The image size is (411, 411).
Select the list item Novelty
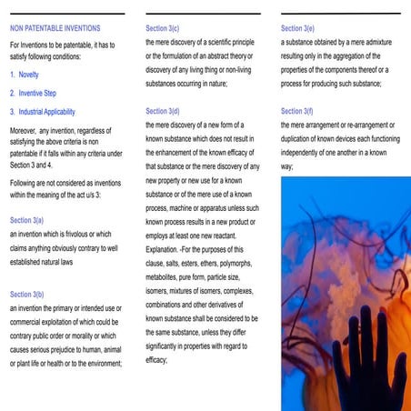[x=28, y=75]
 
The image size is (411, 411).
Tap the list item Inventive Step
[x=37, y=94]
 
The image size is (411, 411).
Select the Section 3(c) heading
[x=164, y=28]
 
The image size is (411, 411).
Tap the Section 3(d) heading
[x=164, y=111]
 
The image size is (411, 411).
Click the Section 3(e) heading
[x=299, y=28]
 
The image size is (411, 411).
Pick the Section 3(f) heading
[x=298, y=111]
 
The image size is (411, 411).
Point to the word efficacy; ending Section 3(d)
[x=156, y=361]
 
